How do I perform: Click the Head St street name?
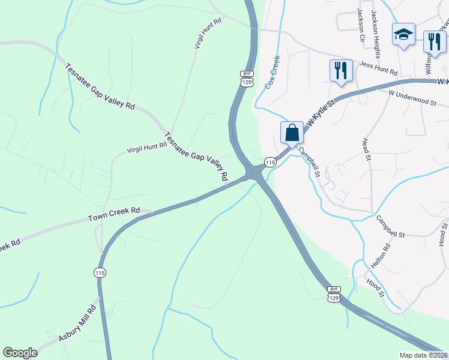[x=366, y=149]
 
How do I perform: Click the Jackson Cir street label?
[x=361, y=20]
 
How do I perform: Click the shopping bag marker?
[x=292, y=133]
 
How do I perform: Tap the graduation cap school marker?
[x=403, y=35]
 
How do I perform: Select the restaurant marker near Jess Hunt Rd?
[x=340, y=70]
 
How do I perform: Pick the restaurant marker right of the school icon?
[x=433, y=41]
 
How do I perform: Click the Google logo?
[x=20, y=353]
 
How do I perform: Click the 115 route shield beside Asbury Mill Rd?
[x=100, y=272]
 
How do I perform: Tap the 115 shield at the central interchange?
[x=270, y=163]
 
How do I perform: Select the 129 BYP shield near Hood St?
[x=334, y=294]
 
